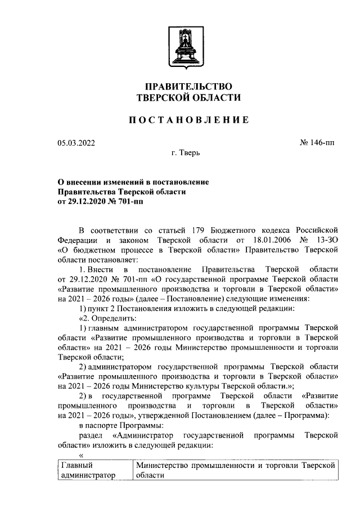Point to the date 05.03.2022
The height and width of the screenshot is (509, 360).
point(76,143)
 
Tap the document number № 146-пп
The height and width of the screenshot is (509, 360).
point(318,143)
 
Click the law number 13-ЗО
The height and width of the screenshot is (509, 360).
point(326,240)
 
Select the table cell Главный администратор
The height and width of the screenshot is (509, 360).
point(88,470)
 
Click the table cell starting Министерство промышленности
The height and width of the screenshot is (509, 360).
point(236,470)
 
